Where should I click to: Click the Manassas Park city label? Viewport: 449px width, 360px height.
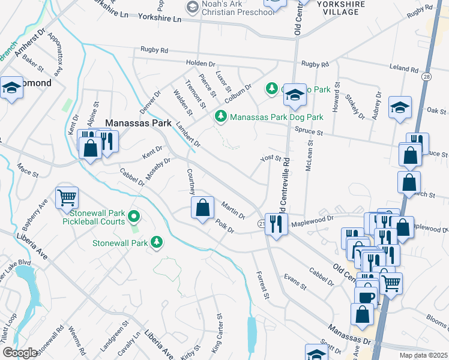[x=139, y=122]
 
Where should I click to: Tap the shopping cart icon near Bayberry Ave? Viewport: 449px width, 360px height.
[x=67, y=197]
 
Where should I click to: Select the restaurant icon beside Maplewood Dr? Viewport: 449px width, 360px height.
[x=276, y=225]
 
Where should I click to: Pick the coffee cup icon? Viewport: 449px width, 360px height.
[x=366, y=297]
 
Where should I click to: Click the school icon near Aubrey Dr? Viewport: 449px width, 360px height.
[x=400, y=108]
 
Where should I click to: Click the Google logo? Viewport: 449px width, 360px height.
[x=20, y=352]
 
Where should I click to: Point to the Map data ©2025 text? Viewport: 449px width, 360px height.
[x=423, y=355]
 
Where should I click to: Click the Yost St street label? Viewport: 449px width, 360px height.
[x=271, y=158]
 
